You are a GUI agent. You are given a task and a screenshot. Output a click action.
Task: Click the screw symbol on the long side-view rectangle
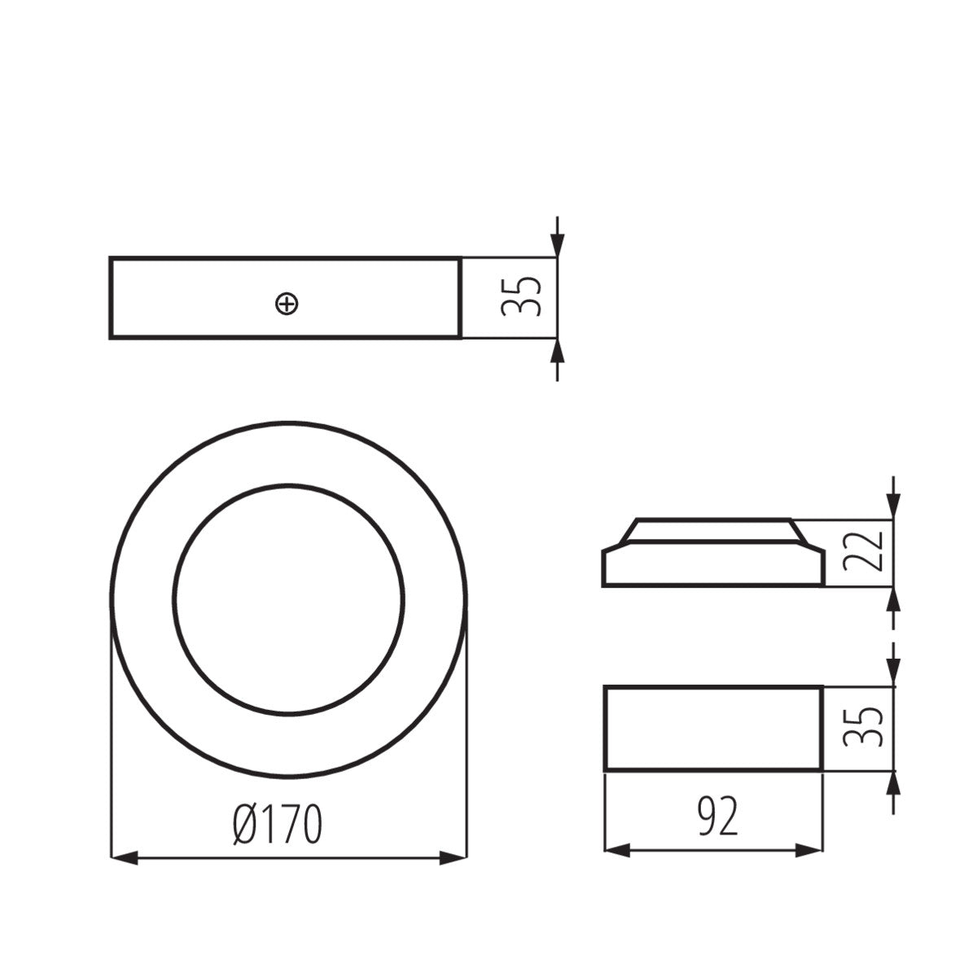287,304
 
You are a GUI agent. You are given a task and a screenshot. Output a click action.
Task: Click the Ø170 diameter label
277,825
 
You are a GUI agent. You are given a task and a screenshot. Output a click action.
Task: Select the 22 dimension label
863,553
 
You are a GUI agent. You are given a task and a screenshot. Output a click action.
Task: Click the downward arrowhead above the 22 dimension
893,506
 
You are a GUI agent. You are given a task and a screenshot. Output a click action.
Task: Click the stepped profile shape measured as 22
712,562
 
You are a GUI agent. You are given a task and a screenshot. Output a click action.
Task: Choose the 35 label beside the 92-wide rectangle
863,727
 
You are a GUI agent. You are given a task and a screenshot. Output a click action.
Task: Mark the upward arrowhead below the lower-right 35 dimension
893,783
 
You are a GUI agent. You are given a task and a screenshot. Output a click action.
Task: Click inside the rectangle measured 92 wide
712,728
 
